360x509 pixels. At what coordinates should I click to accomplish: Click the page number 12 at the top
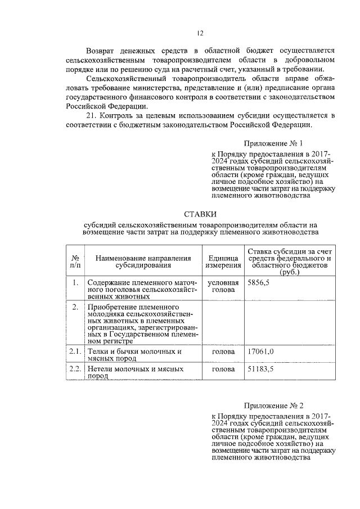[200, 34]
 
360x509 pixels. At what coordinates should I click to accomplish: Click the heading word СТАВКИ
[200, 214]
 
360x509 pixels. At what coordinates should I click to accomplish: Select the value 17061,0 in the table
[260, 352]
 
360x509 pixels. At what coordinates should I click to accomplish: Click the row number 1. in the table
[74, 282]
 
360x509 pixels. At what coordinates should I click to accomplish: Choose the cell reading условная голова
[223, 286]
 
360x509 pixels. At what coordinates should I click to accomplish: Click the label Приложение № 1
[276, 143]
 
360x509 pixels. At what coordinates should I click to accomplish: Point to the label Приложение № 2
[276, 405]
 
